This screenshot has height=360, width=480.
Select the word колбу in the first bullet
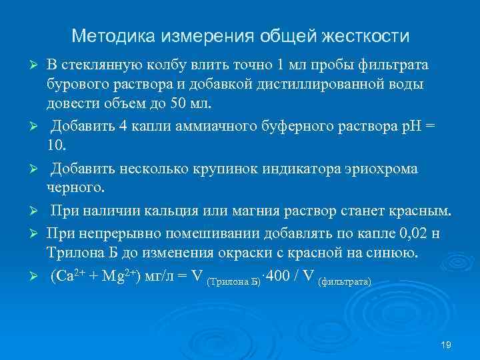pyautogui.click(x=166, y=65)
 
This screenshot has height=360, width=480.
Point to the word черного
pyautogui.click(x=72, y=188)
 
